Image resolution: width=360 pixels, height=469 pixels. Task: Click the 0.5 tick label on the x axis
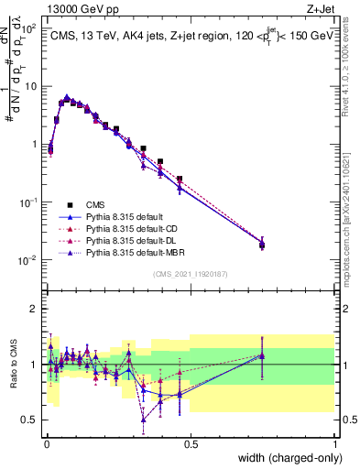191,444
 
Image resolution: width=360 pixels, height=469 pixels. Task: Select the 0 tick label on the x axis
46,444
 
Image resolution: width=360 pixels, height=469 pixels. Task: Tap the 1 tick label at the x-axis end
334,444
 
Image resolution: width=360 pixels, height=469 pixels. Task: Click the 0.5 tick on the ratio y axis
32,420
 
